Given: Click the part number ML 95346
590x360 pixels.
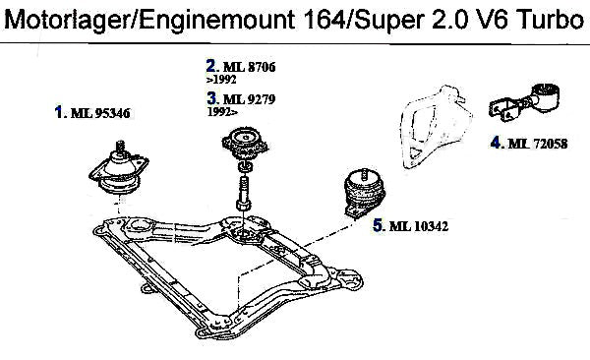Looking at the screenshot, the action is pyautogui.click(x=100, y=113).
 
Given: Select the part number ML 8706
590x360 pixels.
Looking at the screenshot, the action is pyautogui.click(x=249, y=67).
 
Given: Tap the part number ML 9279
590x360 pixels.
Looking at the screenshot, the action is pyautogui.click(x=249, y=99).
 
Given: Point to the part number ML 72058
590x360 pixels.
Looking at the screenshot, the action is pyautogui.click(x=537, y=144).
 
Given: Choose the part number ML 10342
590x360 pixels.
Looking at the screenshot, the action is pyautogui.click(x=419, y=226).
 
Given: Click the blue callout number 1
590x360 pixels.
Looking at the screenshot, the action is pyautogui.click(x=58, y=112).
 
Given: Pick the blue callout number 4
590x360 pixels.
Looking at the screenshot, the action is pyautogui.click(x=496, y=143).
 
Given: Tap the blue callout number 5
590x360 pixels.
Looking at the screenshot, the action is pyautogui.click(x=378, y=225).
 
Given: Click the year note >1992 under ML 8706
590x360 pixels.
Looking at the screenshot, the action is pyautogui.click(x=221, y=80).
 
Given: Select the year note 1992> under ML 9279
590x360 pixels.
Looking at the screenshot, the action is pyautogui.click(x=223, y=112).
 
